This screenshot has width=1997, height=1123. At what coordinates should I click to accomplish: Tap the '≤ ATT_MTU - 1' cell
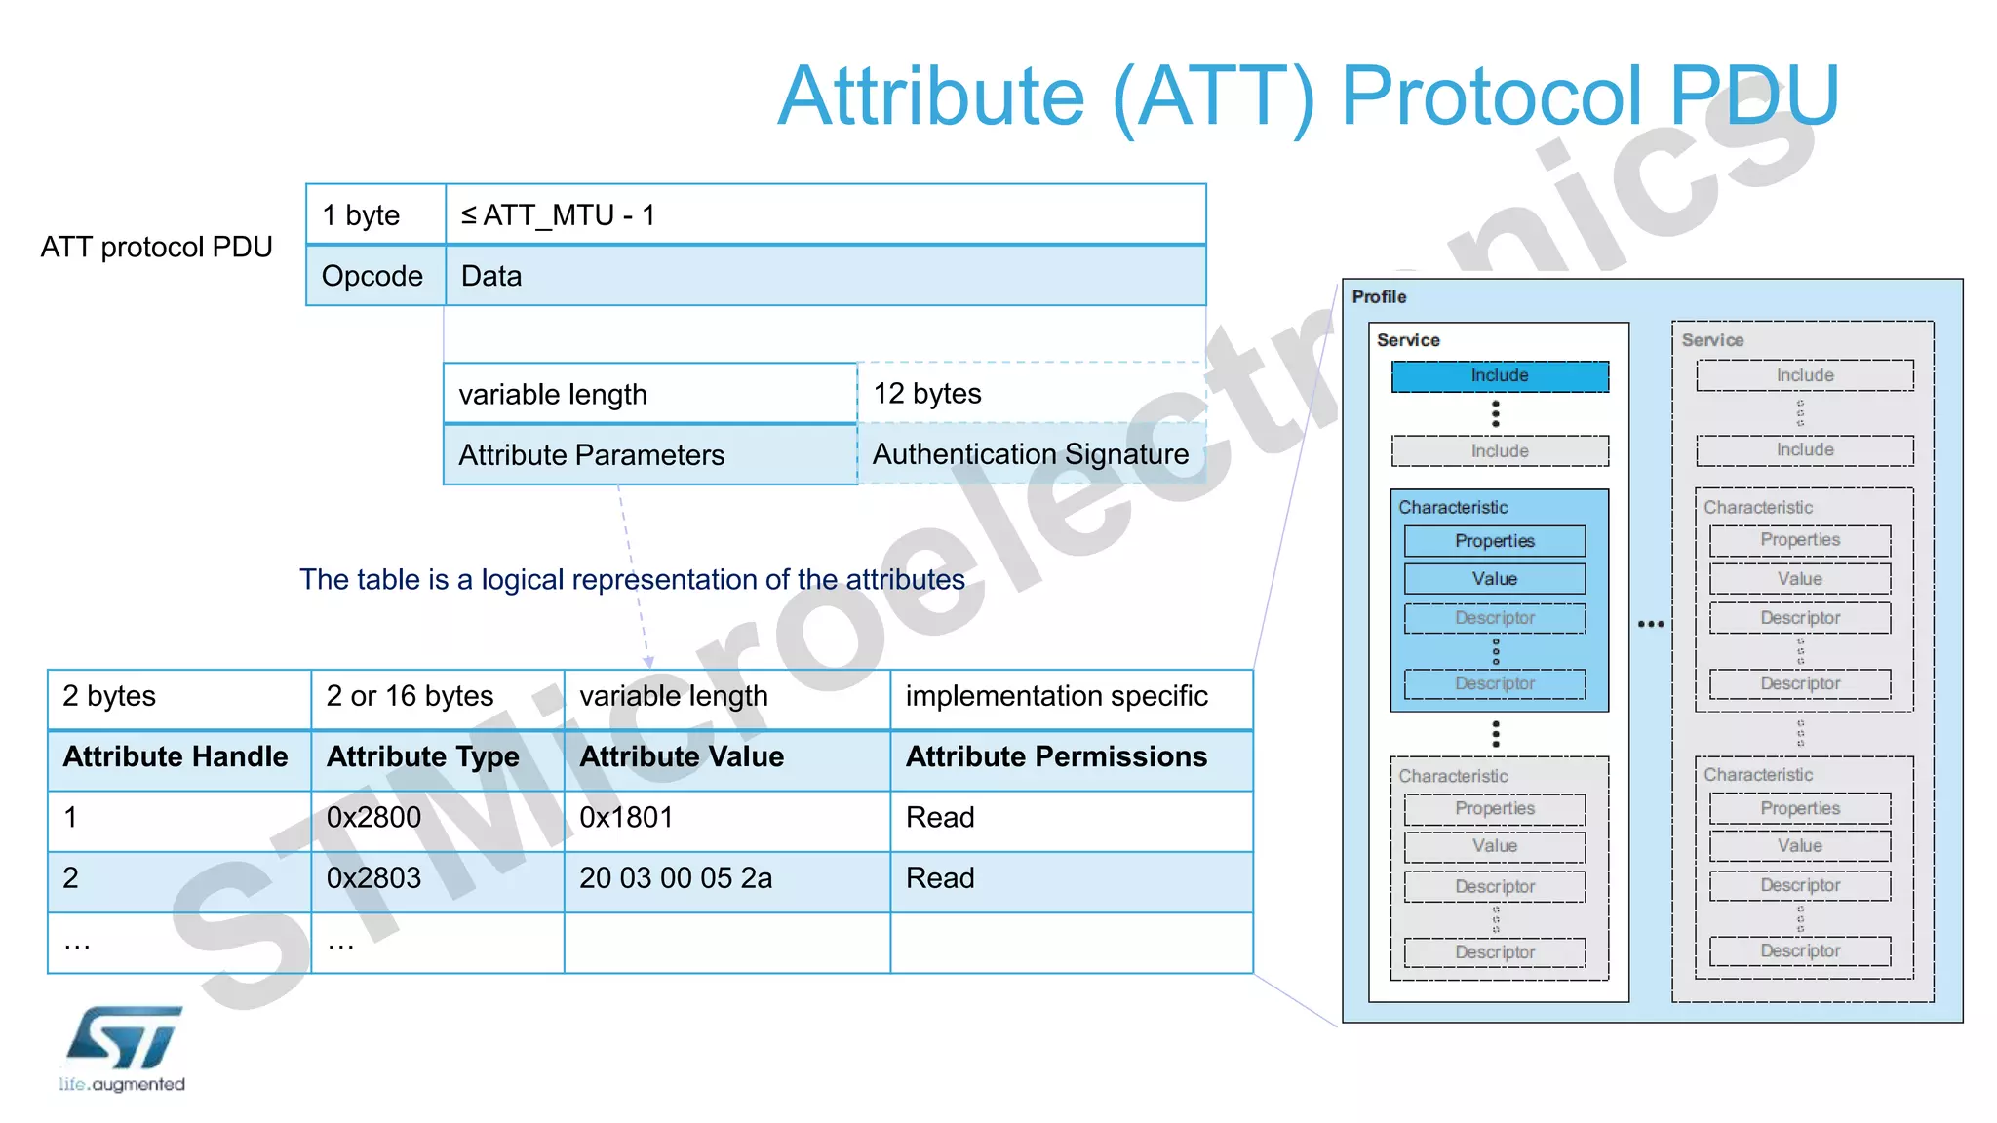[825, 214]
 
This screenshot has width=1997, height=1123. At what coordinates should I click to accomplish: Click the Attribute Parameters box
[649, 455]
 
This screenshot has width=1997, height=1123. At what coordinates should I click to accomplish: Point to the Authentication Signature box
[1031, 454]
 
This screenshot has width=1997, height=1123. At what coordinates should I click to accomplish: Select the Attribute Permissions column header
[1070, 757]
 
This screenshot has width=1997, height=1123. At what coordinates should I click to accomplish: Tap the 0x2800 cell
[436, 818]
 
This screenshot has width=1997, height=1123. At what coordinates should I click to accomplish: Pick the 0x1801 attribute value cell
[725, 818]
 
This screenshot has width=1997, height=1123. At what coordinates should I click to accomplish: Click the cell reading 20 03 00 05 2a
[725, 878]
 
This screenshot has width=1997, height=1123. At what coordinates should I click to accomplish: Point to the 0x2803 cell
[436, 878]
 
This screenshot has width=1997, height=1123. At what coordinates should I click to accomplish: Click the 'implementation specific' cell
[1070, 696]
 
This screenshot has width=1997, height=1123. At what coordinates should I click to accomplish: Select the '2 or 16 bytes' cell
[436, 696]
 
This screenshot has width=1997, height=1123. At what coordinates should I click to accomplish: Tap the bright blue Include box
[1500, 376]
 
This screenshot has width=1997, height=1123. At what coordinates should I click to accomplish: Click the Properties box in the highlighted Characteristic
[1495, 541]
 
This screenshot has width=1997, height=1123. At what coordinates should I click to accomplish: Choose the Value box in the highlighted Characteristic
[1495, 579]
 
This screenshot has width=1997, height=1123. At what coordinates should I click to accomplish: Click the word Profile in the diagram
[1379, 296]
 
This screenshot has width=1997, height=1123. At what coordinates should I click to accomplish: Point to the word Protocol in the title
[1493, 97]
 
